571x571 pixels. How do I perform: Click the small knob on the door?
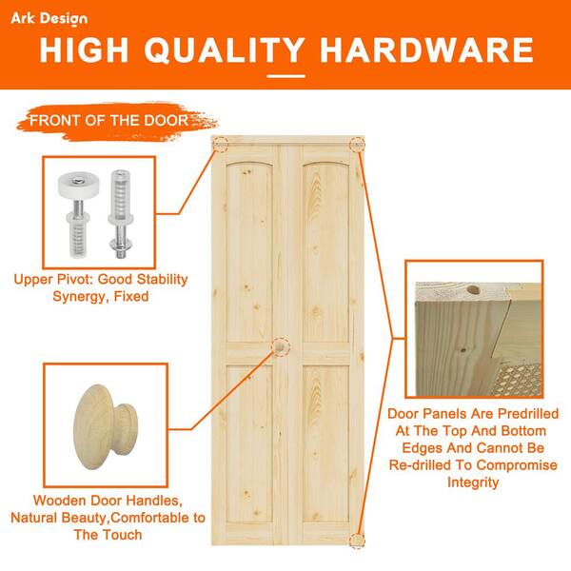click(282, 346)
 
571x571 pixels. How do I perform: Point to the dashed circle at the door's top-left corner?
click(221, 145)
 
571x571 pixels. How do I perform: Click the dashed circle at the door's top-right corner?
click(358, 144)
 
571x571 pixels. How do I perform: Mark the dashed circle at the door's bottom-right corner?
click(357, 540)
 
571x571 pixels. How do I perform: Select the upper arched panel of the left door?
click(246, 247)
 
